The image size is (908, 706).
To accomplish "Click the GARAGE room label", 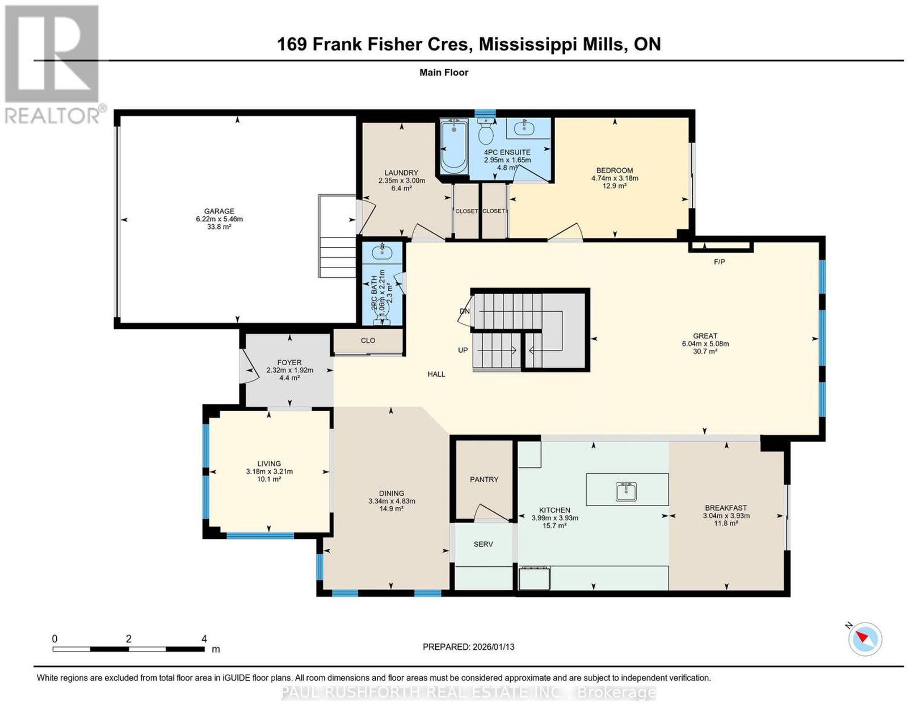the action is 219,211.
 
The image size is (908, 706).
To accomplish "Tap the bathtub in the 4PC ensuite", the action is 454,146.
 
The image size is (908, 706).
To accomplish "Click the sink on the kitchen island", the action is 626,491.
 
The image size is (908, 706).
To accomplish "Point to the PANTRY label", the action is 484,479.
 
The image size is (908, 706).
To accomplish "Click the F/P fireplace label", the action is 719,262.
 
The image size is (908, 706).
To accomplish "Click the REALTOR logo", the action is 52,64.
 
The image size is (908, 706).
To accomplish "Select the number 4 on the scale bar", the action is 204,638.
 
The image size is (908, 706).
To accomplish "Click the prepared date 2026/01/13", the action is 493,646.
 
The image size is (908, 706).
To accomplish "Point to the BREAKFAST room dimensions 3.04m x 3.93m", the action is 726,516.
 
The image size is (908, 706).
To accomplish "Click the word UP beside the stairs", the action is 463,350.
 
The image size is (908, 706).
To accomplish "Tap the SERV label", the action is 483,544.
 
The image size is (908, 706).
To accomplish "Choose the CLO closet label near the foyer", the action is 368,340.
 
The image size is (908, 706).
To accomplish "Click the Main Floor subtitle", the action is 444,72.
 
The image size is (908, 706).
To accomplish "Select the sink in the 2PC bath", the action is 382,252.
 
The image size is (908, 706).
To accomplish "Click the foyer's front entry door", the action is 248,366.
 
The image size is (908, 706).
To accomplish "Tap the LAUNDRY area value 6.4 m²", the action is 401,188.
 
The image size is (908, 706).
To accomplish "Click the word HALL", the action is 436,374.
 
